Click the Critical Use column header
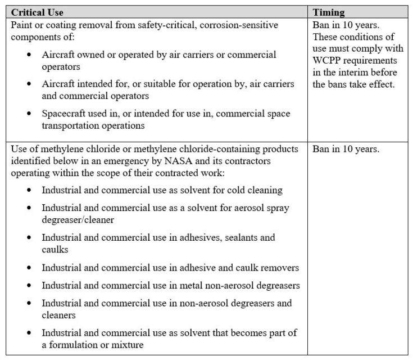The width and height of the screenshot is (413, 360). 37,12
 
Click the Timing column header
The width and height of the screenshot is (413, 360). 329,12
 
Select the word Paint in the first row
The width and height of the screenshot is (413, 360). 22,25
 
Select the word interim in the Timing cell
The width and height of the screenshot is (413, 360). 352,73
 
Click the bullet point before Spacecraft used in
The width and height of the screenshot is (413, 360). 29,114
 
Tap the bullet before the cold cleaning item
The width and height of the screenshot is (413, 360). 29,191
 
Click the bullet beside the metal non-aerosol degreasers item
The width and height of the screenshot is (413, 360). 29,286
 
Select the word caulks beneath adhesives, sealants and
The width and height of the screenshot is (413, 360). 55,249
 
